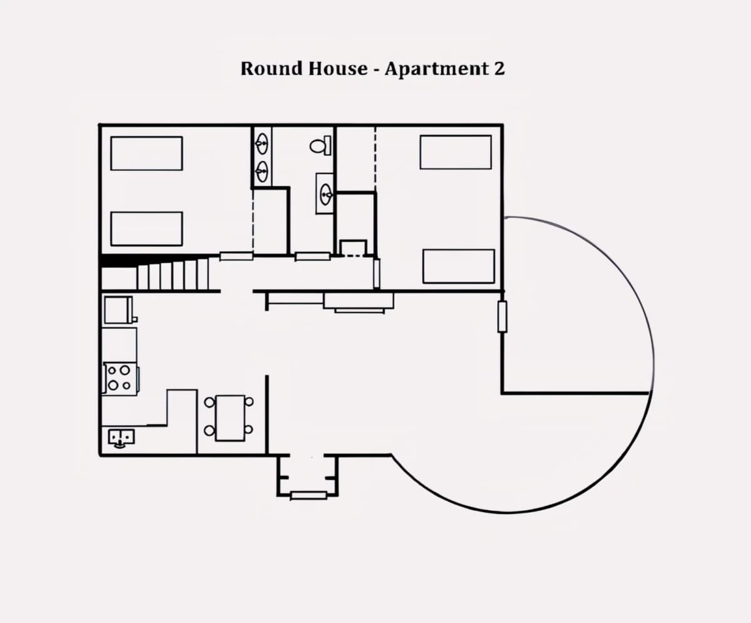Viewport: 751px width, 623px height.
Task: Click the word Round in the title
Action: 271,68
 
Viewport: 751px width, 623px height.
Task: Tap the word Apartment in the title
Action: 434,69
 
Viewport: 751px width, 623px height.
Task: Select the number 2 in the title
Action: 499,68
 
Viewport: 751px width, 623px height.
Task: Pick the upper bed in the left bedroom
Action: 146,153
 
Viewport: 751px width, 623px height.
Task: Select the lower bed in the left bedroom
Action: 146,229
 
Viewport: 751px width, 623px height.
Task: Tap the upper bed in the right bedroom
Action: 456,152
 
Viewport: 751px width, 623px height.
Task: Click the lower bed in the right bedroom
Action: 459,266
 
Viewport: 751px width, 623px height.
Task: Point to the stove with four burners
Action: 120,379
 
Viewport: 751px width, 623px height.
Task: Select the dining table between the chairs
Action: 230,418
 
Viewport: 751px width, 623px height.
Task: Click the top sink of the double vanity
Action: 262,143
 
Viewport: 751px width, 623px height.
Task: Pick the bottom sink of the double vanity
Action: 262,172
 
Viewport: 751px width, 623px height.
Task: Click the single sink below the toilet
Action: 325,194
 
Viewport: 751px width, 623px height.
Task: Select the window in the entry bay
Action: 309,496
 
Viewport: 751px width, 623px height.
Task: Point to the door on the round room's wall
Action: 502,317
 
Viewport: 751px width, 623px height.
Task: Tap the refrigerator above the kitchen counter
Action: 119,310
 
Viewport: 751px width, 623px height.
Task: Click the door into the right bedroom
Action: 376,273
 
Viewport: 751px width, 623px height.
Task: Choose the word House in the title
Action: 338,68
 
